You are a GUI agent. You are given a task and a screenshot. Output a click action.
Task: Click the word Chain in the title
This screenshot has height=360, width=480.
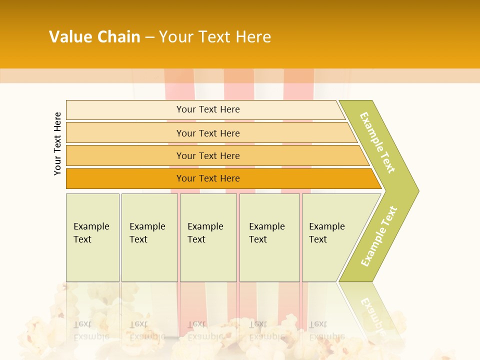click(x=119, y=37)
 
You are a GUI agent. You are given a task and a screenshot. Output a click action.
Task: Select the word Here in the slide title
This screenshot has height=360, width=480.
click(x=253, y=37)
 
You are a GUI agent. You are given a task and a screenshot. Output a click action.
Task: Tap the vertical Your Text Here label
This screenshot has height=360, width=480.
click(x=57, y=143)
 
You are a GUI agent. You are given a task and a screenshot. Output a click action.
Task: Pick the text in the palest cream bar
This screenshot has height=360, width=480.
click(x=208, y=109)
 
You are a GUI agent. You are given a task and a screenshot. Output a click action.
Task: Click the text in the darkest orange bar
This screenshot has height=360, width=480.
click(x=208, y=178)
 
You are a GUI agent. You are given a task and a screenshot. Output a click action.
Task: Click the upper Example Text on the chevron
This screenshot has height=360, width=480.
click(x=377, y=142)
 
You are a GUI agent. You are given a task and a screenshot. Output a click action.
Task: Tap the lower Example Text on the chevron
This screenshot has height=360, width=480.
click(x=378, y=236)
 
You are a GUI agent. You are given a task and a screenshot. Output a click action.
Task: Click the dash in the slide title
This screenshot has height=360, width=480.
click(x=149, y=37)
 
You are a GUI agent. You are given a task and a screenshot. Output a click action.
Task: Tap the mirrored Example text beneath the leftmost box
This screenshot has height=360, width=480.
click(x=91, y=336)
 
